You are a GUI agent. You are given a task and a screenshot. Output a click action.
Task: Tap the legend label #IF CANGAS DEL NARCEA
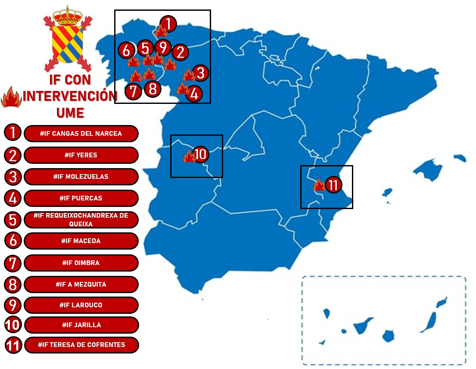click(x=81, y=134)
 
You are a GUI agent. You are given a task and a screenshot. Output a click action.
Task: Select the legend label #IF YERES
click(x=81, y=155)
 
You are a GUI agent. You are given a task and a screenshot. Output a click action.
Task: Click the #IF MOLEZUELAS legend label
click(x=81, y=177)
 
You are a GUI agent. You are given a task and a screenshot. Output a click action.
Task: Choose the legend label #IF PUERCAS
click(x=81, y=198)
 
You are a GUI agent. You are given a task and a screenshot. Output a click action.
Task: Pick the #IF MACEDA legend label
click(x=81, y=241)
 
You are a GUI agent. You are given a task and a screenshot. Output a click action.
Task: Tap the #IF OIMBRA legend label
click(x=81, y=263)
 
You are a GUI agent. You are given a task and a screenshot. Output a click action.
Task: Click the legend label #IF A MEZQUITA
click(x=81, y=285)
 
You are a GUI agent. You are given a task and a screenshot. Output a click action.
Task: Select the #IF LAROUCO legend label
click(x=81, y=305)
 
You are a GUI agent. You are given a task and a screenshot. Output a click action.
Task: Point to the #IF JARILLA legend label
click(x=81, y=325)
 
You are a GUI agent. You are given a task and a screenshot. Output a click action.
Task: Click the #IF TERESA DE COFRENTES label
click(x=81, y=345)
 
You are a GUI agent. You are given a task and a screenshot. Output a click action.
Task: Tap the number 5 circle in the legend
click(x=13, y=220)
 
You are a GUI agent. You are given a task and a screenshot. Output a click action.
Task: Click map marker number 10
click(x=201, y=154)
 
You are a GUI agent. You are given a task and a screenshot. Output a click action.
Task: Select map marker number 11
click(x=333, y=185)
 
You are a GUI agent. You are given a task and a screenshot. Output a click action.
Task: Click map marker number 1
click(x=168, y=24)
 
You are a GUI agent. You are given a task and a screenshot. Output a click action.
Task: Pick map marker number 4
click(x=194, y=94)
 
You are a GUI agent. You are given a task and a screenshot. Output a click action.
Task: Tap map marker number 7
click(x=134, y=91)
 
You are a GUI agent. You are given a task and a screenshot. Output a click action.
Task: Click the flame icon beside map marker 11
click(x=319, y=185)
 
